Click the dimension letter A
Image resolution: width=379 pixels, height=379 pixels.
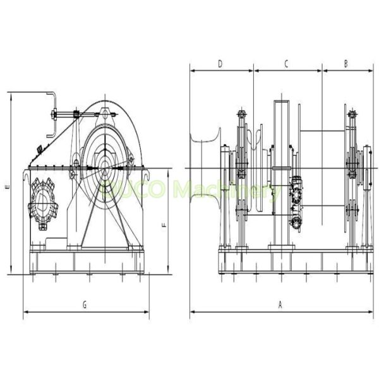(x=279, y=304)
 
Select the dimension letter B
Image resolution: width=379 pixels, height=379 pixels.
(x=346, y=63)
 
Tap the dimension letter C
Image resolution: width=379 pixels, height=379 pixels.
(x=286, y=63)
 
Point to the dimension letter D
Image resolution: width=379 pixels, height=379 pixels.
(x=220, y=63)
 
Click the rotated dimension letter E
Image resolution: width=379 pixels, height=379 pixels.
(x=6, y=188)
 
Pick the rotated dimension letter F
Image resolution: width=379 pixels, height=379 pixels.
(x=164, y=224)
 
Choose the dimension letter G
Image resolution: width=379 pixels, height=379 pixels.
(x=85, y=304)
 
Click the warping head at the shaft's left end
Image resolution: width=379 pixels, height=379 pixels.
(x=203, y=165)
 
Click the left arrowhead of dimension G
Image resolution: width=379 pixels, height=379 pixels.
(x=25, y=311)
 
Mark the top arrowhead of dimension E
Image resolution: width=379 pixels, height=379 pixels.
(x=11, y=94)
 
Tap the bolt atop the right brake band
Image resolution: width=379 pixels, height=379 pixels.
(x=352, y=114)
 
